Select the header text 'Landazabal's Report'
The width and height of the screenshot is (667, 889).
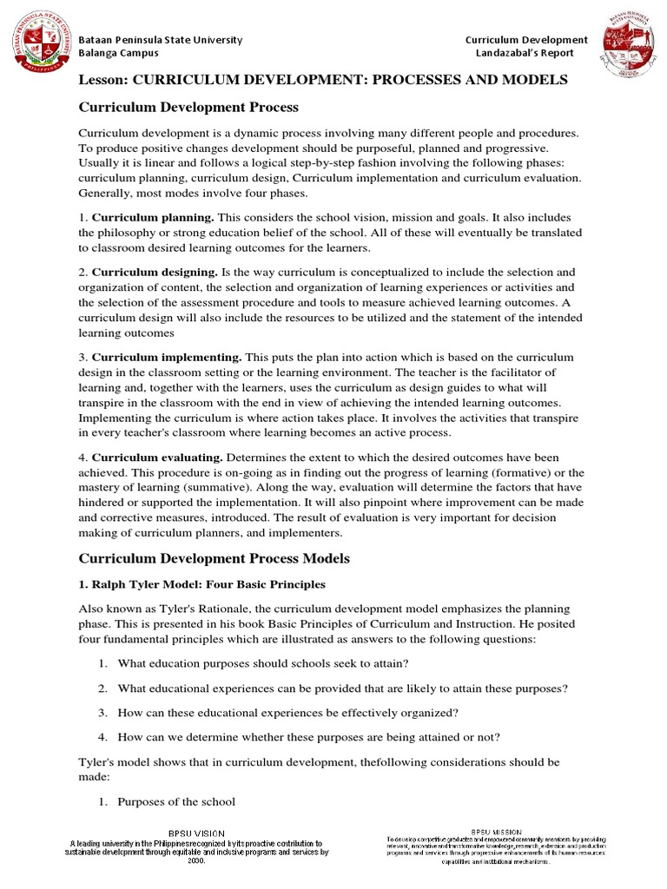(526, 54)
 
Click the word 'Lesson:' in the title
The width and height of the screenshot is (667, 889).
(103, 80)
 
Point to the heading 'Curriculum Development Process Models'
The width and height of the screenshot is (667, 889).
(214, 557)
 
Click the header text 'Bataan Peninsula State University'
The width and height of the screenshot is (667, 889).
(161, 40)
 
